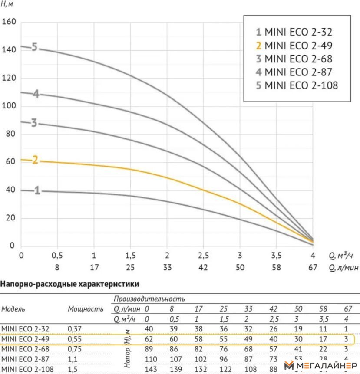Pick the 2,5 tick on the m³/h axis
pyautogui.click(x=203, y=255)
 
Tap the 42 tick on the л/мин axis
pyautogui.click(x=203, y=268)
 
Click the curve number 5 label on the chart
pyautogui.click(x=35, y=47)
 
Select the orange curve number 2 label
pyautogui.click(x=35, y=160)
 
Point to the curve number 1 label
pyautogui.click(x=37, y=190)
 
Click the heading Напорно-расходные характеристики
pyautogui.click(x=70, y=285)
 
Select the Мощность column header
pyautogui.click(x=86, y=309)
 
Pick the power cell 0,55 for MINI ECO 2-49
pyautogui.click(x=75, y=339)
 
